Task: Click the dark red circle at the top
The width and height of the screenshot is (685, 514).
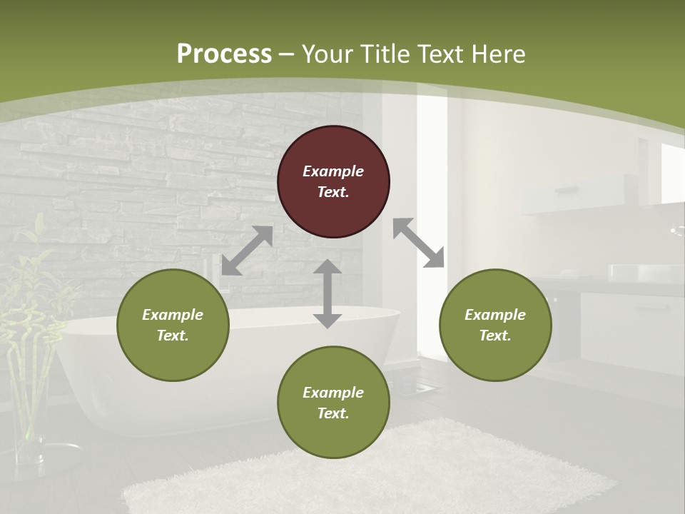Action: (333, 182)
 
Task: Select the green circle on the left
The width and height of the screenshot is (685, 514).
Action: (173, 325)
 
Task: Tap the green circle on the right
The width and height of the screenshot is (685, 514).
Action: (495, 325)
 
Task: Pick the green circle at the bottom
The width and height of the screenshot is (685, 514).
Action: (333, 403)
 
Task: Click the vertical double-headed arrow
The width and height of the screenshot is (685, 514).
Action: (328, 293)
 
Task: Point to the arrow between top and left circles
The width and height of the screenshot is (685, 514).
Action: (247, 251)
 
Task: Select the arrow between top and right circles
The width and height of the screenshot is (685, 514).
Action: (419, 243)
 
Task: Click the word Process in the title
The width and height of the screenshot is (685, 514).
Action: (224, 54)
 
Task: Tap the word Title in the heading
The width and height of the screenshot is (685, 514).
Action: (385, 54)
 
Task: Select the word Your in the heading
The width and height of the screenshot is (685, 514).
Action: (329, 54)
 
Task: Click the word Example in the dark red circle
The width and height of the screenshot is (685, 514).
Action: (333, 171)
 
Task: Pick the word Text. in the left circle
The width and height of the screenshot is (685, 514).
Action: (173, 336)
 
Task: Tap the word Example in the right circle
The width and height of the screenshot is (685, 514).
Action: (495, 315)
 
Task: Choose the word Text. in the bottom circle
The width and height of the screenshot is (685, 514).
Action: (333, 413)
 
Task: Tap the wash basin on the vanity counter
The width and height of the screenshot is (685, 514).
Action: (644, 273)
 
